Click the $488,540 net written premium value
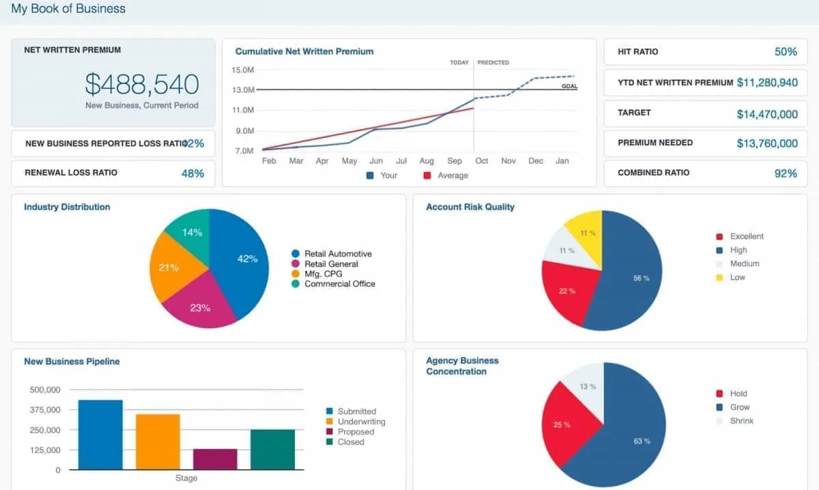(x=142, y=84)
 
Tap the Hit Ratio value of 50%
(x=786, y=52)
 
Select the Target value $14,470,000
(x=766, y=114)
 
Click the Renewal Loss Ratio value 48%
(x=192, y=173)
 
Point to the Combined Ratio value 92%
(x=786, y=173)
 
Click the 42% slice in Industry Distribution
(x=242, y=263)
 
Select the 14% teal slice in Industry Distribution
(x=191, y=233)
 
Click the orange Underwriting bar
(x=158, y=442)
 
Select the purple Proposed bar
(x=215, y=459)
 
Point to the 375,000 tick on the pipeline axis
(x=45, y=409)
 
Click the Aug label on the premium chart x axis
(x=427, y=161)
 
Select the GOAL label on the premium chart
(x=569, y=86)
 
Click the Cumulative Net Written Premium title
(x=304, y=51)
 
